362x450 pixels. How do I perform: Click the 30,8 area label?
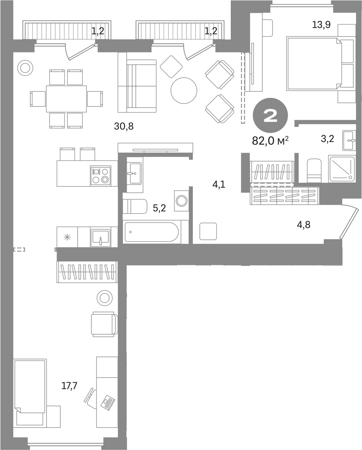[x=124, y=126]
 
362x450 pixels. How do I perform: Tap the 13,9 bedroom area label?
[x=321, y=25]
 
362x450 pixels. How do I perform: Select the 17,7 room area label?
[x=69, y=385]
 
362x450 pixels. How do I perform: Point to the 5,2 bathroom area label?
[x=159, y=208]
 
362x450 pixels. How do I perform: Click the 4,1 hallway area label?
[x=218, y=184]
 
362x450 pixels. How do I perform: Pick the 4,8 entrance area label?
[x=303, y=224]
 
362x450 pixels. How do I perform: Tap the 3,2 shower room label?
[x=327, y=139]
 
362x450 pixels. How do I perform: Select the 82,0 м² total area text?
[x=270, y=141]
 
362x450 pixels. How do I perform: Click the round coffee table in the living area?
[x=184, y=90]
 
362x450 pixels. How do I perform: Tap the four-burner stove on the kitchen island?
[x=101, y=175]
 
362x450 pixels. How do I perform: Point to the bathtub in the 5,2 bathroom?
[x=152, y=232]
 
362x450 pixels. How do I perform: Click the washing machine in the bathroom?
[x=181, y=200]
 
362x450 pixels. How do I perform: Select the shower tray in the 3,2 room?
[x=341, y=169]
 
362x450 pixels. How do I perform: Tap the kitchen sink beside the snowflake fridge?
[x=101, y=238]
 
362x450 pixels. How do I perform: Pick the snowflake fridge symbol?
[x=67, y=238]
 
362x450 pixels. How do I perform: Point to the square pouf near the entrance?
[x=208, y=232]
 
